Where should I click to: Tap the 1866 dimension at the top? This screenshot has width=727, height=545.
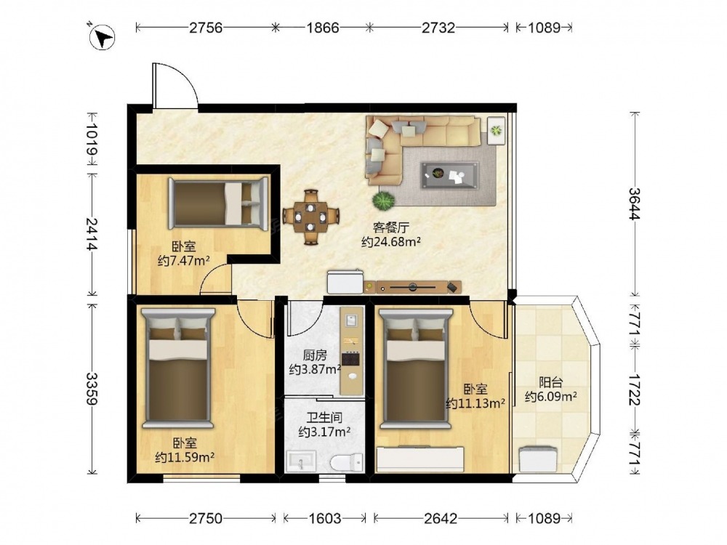click(322, 28)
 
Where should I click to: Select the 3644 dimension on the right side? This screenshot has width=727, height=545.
click(634, 204)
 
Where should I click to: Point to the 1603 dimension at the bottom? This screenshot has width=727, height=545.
click(324, 517)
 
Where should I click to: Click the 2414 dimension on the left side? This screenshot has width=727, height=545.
click(92, 233)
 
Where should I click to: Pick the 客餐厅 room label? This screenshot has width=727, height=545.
click(391, 227)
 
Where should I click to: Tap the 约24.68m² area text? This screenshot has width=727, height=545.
click(391, 241)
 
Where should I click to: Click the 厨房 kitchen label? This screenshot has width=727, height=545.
click(315, 355)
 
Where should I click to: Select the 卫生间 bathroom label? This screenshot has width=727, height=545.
click(324, 418)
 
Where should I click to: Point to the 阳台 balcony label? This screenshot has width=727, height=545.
click(551, 382)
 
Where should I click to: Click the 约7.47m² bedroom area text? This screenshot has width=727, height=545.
click(184, 261)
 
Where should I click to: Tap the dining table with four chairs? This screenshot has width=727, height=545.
click(310, 217)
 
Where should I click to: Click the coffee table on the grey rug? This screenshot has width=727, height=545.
click(449, 175)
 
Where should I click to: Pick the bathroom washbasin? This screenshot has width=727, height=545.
click(301, 461)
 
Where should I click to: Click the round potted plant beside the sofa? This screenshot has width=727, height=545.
click(384, 201)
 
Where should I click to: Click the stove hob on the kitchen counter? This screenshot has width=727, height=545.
click(350, 359)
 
